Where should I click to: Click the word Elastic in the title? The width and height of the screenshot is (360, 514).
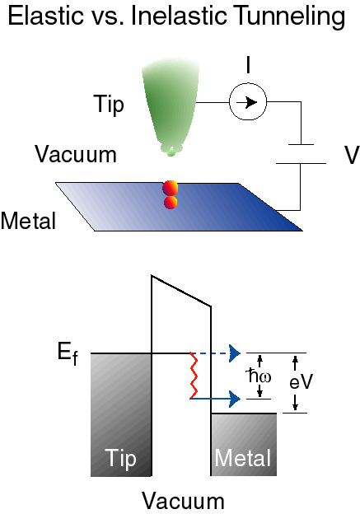point(45,16)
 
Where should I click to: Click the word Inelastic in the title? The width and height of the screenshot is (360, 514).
point(179,16)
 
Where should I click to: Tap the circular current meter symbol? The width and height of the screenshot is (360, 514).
point(248,102)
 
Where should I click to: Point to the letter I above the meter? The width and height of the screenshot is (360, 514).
point(248,64)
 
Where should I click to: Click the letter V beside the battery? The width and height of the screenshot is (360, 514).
point(352,155)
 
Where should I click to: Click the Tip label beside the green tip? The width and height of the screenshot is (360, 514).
point(109,105)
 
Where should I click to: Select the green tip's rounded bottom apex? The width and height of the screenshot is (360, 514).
point(171,152)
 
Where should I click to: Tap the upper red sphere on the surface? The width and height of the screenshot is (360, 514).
point(171,188)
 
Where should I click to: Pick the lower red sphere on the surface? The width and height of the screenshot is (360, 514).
point(171,203)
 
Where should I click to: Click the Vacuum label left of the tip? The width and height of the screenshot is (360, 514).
point(76,154)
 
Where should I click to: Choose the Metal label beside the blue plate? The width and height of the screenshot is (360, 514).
point(28,220)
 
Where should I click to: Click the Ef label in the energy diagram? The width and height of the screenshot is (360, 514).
point(68,354)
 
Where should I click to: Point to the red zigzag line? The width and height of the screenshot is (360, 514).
point(194,376)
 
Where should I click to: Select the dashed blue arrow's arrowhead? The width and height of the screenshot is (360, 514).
point(235,353)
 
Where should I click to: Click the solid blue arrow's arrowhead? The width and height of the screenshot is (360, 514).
point(235,399)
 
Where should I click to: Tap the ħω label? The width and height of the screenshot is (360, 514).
point(259,376)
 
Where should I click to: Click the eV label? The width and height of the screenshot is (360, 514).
point(302,381)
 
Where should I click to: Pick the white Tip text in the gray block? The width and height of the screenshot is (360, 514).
point(120,459)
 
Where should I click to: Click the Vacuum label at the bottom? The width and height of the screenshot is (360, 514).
point(183,501)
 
